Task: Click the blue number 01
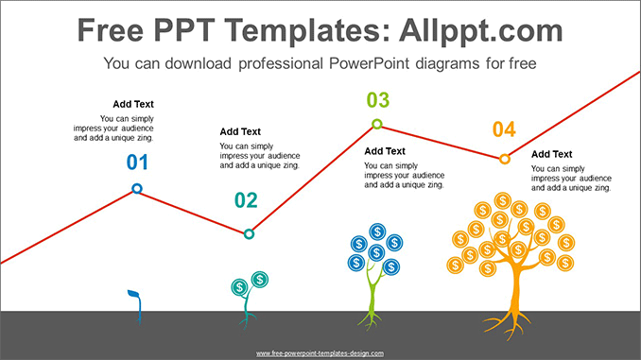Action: pyautogui.click(x=138, y=163)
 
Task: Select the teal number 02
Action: pyautogui.click(x=246, y=200)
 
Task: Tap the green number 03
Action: pyautogui.click(x=377, y=100)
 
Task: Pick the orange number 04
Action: pyautogui.click(x=504, y=129)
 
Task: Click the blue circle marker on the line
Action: pyautogui.click(x=137, y=189)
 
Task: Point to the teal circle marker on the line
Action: pyautogui.click(x=249, y=233)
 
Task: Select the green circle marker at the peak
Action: pyautogui.click(x=376, y=124)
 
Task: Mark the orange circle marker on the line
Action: pyautogui.click(x=504, y=159)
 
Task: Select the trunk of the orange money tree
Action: pyautogui.click(x=513, y=298)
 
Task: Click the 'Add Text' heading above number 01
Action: pyautogui.click(x=132, y=104)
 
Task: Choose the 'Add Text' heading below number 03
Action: pyautogui.click(x=385, y=151)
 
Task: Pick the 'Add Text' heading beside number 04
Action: pyautogui.click(x=551, y=154)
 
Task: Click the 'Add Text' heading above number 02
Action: pyautogui.click(x=240, y=131)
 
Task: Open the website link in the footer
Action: pyautogui.click(x=320, y=353)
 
